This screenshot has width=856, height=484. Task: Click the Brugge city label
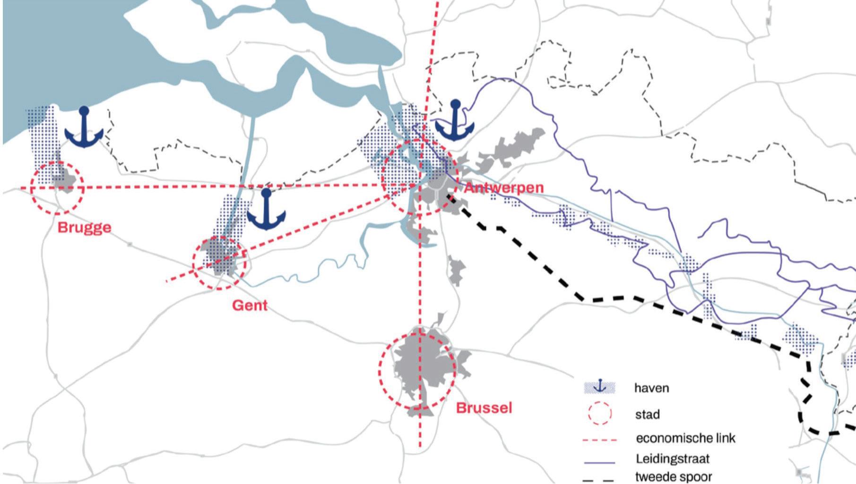(x=85, y=228)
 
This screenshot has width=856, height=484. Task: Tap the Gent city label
(x=250, y=306)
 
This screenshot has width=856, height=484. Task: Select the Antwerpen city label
(x=504, y=187)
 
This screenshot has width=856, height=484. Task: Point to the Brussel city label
(x=484, y=408)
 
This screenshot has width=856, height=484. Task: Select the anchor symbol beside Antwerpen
(x=455, y=120)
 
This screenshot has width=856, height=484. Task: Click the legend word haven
(x=651, y=388)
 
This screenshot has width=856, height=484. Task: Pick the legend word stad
(x=647, y=415)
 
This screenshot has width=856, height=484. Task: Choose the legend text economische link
(x=685, y=438)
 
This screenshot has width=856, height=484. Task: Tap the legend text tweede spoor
(x=673, y=477)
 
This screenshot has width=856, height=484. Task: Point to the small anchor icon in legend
(x=600, y=386)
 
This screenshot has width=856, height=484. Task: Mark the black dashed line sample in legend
(x=599, y=480)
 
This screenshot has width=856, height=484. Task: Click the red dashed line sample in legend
(x=599, y=440)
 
